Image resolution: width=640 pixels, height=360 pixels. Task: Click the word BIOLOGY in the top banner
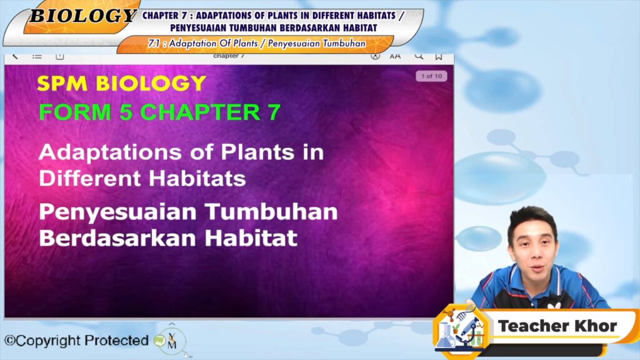click(83, 16)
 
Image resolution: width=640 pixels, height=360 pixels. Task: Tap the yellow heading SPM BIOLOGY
click(122, 83)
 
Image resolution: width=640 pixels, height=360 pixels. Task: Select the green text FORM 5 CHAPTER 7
click(159, 112)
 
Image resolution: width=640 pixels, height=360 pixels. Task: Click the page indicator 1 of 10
click(431, 76)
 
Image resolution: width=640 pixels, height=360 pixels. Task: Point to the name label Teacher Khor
click(557, 326)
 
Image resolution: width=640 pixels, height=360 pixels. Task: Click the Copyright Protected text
click(76, 340)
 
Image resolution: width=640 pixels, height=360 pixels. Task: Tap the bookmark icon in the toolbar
click(439, 57)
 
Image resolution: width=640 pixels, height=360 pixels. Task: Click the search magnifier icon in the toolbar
click(419, 56)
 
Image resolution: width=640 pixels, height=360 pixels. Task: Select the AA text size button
click(395, 56)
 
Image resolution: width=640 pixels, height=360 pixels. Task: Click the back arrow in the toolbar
click(15, 56)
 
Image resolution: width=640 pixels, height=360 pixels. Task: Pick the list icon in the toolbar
click(37, 56)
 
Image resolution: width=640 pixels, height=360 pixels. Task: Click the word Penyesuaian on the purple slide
click(117, 212)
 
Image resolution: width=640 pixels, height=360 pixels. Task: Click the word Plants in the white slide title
click(257, 152)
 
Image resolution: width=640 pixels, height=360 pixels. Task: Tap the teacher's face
click(533, 246)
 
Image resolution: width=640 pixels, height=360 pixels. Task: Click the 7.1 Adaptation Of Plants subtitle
click(257, 43)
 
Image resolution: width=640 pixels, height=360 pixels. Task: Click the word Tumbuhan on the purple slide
click(271, 212)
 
